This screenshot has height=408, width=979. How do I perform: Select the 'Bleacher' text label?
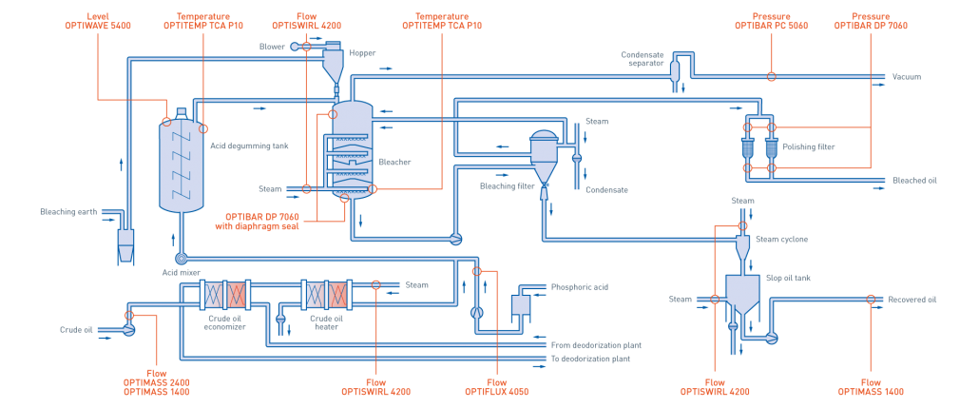pos(395,163)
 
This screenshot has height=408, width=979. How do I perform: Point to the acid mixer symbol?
pos(181,258)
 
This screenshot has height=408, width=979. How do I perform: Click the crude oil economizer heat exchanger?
pos(224,294)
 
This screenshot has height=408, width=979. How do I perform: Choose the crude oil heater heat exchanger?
pos(326,294)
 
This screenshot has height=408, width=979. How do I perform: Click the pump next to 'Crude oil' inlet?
pos(127,329)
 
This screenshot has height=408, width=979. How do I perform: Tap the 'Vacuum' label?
pos(906,76)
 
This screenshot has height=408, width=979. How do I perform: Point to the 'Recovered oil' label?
pos(912,300)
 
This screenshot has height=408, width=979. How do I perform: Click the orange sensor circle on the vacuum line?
pos(771,76)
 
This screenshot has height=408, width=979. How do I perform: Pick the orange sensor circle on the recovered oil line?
pos(872,300)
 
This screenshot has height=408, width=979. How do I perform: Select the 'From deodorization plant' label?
pos(590,345)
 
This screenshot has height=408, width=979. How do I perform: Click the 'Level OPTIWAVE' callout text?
pos(103,22)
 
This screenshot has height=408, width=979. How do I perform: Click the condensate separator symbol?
pos(674,69)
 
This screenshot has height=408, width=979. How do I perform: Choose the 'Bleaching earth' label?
pos(67,212)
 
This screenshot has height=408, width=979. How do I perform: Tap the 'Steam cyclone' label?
pos(780,239)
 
